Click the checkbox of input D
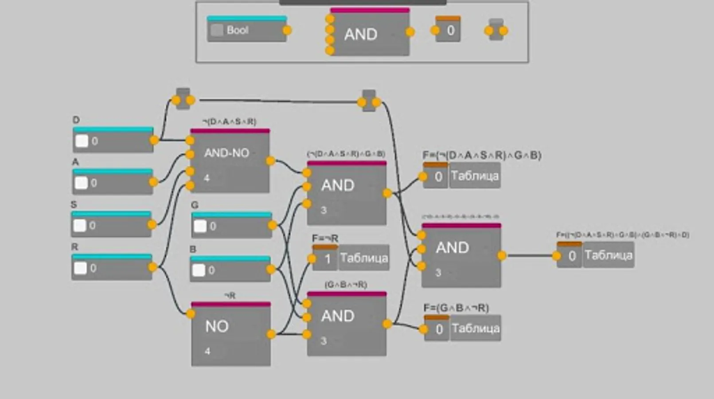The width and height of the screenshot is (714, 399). pos(82,141)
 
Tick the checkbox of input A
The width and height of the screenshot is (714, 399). pos(81,183)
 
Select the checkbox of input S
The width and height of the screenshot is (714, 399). pos(80,225)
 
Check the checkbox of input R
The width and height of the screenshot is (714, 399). pos(80,268)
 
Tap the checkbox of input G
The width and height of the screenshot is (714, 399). pos(200,226)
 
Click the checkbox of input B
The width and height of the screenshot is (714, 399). pos(199,270)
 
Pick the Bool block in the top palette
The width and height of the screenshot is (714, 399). pos(246,31)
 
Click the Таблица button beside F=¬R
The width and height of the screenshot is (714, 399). pos(364,258)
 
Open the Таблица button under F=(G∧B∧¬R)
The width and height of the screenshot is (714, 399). pos(476,329)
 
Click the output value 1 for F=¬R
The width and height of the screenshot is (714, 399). pos(328,259)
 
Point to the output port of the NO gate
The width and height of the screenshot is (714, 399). pos(271,334)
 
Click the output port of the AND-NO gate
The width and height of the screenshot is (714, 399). pos(270,161)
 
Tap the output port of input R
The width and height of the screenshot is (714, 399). pos(152,267)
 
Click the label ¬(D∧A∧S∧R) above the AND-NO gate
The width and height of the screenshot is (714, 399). pos(229,121)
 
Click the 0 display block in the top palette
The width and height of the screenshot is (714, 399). pos(450,31)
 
